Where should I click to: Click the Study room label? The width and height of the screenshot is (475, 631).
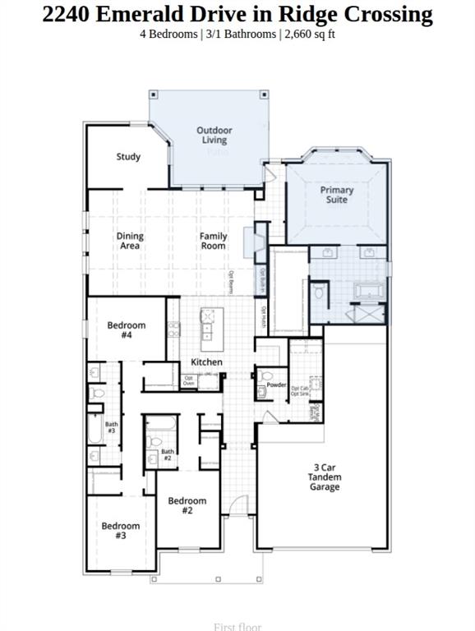tap(128, 157)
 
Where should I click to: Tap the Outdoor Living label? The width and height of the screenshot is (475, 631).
tap(214, 135)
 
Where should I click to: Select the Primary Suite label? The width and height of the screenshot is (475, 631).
tap(337, 195)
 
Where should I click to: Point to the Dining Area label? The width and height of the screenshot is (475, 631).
tap(129, 241)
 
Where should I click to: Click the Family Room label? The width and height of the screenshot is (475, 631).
tap(213, 241)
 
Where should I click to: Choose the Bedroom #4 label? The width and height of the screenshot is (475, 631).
tap(127, 330)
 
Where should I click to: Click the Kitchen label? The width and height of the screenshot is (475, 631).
tap(206, 362)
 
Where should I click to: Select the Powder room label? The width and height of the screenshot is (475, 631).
tap(276, 385)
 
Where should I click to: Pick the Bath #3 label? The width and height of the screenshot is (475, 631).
tap(111, 427)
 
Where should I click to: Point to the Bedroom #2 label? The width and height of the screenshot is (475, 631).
tap(187, 505)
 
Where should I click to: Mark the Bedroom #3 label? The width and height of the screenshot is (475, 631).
tap(121, 530)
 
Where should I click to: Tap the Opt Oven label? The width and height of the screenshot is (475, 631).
tap(189, 380)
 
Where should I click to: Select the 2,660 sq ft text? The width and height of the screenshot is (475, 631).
tap(308, 35)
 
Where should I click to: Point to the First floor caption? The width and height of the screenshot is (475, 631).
tap(237, 626)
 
